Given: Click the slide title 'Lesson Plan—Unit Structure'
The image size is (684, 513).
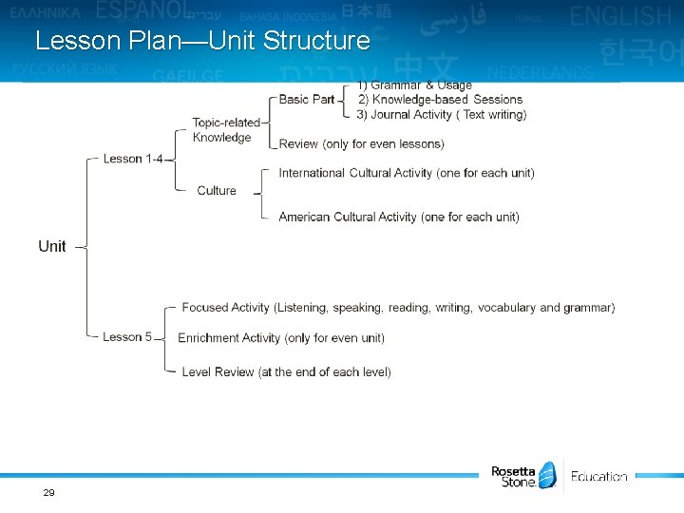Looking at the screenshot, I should coord(202,41).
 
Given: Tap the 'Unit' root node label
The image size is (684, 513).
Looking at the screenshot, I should coord(52,246).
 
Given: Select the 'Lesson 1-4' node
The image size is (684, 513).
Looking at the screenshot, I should coord(132,159).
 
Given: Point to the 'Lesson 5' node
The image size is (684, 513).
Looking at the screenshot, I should coord(127,337).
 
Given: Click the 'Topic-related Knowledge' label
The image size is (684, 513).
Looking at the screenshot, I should coord(225,130).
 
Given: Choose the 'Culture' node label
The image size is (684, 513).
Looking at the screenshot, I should coord(217,191).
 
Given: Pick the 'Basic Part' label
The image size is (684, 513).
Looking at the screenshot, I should coord(307,99).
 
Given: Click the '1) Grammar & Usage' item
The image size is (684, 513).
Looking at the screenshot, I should coord(415,85).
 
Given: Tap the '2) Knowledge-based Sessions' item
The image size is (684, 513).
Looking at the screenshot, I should coord(440,99).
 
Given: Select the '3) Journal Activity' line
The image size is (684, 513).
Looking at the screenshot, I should coord(442,114).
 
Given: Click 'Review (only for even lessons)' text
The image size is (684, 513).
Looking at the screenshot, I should coord(361,144).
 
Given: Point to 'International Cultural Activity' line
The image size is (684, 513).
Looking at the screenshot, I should coord(407,173).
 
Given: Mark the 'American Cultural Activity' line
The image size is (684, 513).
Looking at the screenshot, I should coord(399,217).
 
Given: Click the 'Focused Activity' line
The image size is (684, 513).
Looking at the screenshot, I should coord(398,308).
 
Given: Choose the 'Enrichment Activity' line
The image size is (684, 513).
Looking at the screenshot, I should coord(281,338).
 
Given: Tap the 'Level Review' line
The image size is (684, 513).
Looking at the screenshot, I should coord(286,372).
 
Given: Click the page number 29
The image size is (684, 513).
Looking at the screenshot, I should coord(48,492).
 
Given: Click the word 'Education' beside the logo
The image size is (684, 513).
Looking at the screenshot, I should coord(598,477).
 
